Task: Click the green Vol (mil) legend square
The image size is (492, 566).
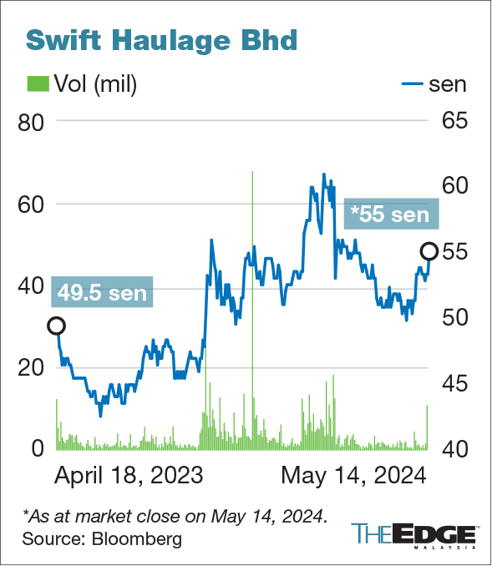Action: [38, 83]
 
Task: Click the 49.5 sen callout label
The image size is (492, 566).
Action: [103, 293]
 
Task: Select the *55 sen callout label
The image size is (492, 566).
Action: [391, 215]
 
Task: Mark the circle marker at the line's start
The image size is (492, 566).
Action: [57, 326]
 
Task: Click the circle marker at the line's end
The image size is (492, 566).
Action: [429, 251]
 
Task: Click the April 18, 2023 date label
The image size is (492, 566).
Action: [129, 476]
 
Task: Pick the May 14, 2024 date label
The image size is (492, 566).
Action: [353, 476]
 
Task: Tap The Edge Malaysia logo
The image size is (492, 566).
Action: [413, 534]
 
